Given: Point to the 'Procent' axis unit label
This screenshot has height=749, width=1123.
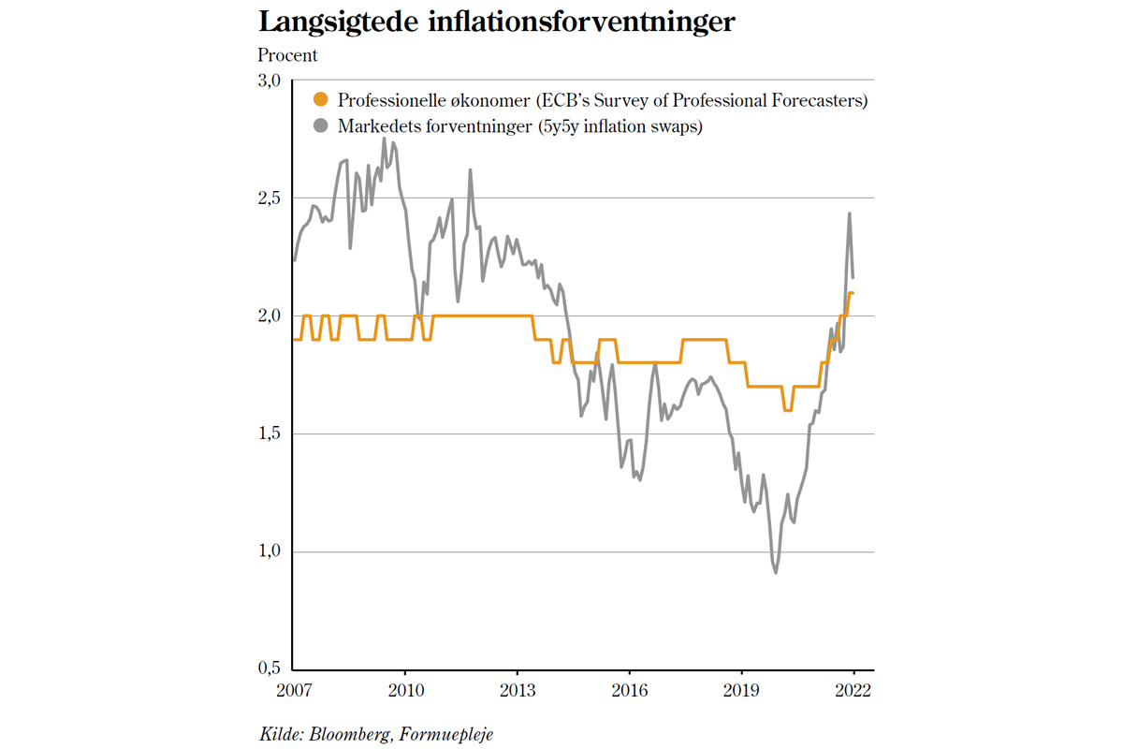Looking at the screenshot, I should click(x=287, y=56).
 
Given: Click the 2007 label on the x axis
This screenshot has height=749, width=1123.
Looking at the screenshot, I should click(x=294, y=692).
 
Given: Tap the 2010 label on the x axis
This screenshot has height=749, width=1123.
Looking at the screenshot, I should click(x=405, y=692).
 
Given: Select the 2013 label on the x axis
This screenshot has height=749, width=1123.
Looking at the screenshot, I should click(x=518, y=692).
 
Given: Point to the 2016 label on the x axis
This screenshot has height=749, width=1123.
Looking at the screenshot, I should click(x=630, y=692).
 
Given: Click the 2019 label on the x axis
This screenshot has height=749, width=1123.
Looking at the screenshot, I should click(x=742, y=692).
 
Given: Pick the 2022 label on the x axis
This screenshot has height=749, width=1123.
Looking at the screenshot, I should click(x=853, y=692).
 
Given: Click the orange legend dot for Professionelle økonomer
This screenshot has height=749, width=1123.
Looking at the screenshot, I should click(x=320, y=100).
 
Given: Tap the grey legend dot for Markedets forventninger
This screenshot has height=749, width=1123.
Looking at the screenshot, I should click(x=320, y=125).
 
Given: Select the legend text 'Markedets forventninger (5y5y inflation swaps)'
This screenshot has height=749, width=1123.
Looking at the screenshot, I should click(x=519, y=125).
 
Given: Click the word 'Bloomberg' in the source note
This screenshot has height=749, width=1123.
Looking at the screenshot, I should click(x=346, y=734).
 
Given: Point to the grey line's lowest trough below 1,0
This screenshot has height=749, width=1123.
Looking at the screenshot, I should click(x=776, y=572).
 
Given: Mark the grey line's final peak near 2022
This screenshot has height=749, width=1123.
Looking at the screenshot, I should click(x=849, y=213).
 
